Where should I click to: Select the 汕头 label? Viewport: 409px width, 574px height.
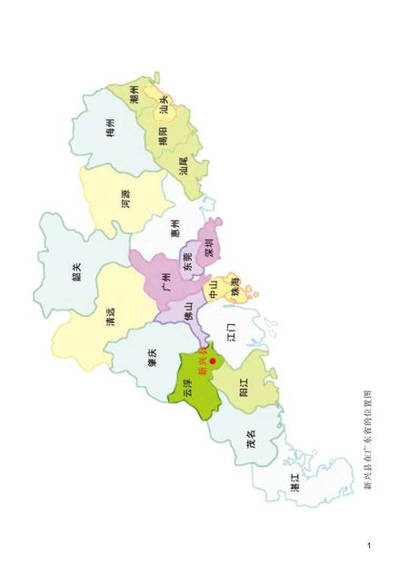[x=165, y=107]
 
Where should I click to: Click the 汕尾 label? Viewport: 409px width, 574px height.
[x=185, y=167]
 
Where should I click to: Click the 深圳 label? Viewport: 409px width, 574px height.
[x=208, y=246]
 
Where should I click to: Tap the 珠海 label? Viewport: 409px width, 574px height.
[x=234, y=290]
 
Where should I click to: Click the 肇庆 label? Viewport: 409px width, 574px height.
[x=153, y=361]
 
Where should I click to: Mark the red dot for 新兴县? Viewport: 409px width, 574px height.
[x=213, y=361]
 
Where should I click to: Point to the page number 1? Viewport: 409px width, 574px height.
[x=369, y=546]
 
